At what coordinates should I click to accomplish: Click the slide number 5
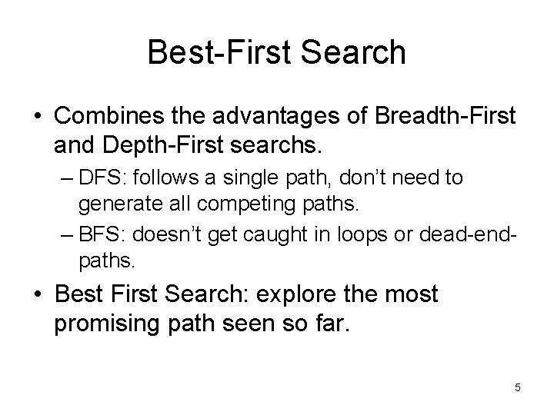point(517,388)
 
